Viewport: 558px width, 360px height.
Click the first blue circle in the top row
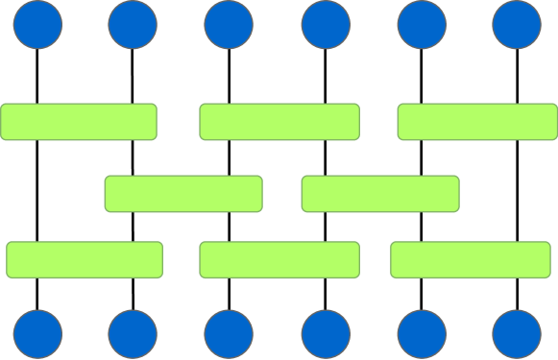point(37,24)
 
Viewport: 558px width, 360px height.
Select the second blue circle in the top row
point(133,24)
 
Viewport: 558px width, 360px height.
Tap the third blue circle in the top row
point(230,24)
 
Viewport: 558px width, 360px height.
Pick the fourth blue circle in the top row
point(326,24)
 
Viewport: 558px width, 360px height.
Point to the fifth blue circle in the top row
point(421,24)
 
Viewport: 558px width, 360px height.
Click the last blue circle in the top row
point(517,24)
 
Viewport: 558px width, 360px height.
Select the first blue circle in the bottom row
point(37,334)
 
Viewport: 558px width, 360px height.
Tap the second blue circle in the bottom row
point(133,334)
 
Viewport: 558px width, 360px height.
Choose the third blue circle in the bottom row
point(230,334)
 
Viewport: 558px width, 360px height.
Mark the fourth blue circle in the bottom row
point(326,334)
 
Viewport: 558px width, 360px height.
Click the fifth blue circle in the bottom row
point(421,334)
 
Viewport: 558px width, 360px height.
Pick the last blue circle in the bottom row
point(517,334)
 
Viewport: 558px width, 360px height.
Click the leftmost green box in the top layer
point(79,122)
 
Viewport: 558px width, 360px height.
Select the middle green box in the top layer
point(279,122)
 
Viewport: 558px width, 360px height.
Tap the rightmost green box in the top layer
point(477,122)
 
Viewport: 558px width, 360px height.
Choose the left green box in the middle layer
point(183,194)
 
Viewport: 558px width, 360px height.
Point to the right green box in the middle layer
point(380,194)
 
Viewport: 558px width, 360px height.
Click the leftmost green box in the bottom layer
point(85,259)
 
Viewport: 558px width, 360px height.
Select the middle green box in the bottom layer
point(279,259)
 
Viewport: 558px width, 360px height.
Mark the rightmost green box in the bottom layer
point(471,259)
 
